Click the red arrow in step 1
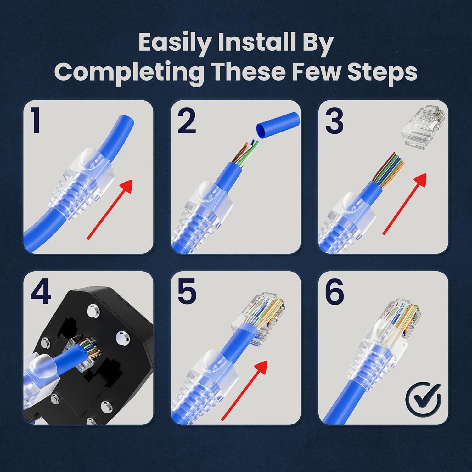110,209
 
